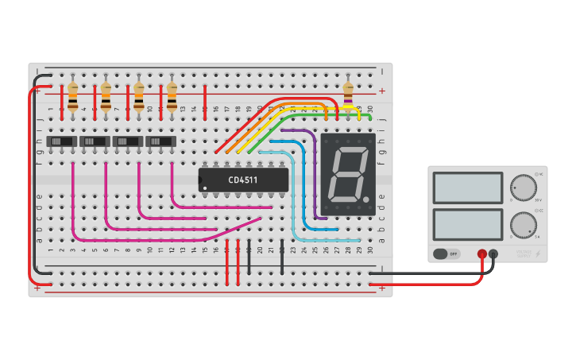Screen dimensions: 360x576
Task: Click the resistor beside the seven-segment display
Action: (x=347, y=95)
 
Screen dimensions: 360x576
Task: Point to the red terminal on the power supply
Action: (x=481, y=254)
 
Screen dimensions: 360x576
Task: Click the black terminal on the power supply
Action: (x=493, y=254)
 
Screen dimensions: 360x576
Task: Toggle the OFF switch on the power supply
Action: (x=448, y=254)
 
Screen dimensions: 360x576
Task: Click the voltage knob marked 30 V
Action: (x=523, y=188)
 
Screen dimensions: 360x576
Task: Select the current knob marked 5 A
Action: (x=523, y=225)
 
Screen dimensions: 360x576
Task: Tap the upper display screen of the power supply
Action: (x=468, y=188)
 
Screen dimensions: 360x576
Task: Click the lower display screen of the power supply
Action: (x=468, y=224)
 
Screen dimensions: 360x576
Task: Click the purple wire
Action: (x=310, y=159)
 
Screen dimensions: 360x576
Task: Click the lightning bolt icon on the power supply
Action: (x=539, y=254)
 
